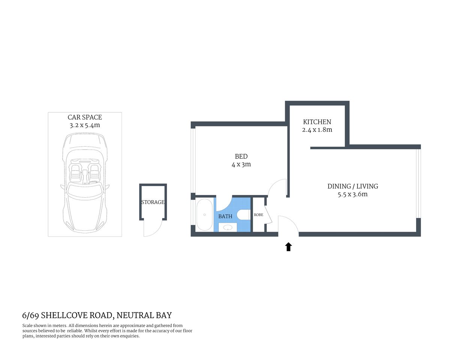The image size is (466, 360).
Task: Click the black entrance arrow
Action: (x=289, y=247)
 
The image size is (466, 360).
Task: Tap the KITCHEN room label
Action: (x=317, y=122)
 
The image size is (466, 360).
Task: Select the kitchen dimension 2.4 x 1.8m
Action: (x=317, y=130)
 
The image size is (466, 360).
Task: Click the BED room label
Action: (x=241, y=156)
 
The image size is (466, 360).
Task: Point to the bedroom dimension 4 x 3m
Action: (x=241, y=165)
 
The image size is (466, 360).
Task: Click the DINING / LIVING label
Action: (x=353, y=186)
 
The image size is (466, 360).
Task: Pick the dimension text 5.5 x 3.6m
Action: (x=353, y=195)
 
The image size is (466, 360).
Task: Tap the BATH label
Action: (x=225, y=216)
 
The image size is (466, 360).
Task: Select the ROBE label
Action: (x=259, y=215)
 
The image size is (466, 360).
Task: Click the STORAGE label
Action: (x=153, y=202)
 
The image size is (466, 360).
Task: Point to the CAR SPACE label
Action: (x=85, y=117)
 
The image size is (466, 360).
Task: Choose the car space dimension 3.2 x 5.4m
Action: (x=85, y=126)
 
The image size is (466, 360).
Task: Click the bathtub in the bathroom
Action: (x=204, y=215)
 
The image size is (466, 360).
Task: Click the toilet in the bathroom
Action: (x=244, y=215)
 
